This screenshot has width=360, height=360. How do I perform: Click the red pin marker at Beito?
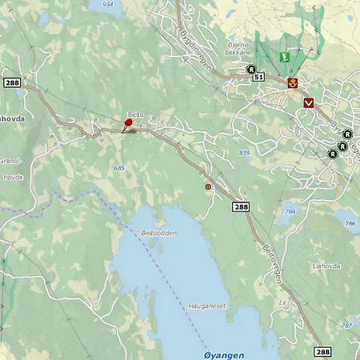point(128,123)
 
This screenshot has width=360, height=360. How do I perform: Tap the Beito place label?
point(135,115)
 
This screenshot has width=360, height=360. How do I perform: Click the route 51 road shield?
point(258,77)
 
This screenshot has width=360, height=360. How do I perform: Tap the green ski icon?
point(283,58)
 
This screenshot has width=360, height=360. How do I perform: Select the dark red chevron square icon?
point(309,102)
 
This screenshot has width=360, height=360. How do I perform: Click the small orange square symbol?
point(209,186)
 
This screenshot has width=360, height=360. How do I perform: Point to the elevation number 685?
point(119,168)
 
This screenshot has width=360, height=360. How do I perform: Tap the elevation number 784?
point(290,211)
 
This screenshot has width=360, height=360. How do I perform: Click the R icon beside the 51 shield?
point(250,70)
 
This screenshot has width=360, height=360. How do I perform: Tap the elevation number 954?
point(109,4)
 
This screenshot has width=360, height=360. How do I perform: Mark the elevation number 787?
point(346,326)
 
